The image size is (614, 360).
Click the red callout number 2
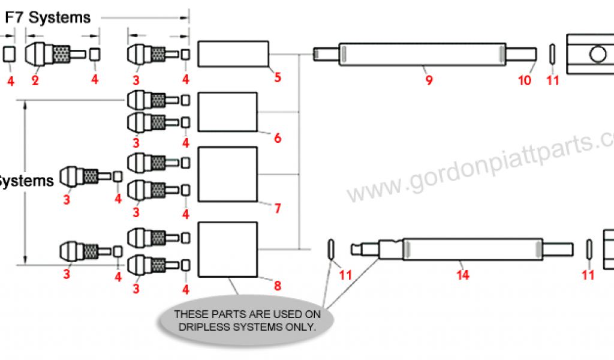[x=35, y=80]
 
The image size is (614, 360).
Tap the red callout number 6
[x=277, y=138]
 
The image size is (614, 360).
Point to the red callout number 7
[x=277, y=209]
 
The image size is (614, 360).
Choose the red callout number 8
[x=277, y=286]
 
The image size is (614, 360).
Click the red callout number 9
[x=429, y=80]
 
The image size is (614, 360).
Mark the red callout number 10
[x=525, y=80]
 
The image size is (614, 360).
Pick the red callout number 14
[x=462, y=275]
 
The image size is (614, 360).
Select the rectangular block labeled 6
[x=227, y=112]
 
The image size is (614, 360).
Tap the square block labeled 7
[x=227, y=174]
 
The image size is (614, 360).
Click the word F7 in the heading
[x=15, y=18]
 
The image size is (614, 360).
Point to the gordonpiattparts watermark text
[x=480, y=168]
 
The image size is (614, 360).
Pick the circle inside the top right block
[x=598, y=55]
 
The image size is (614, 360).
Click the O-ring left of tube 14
[x=330, y=248]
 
